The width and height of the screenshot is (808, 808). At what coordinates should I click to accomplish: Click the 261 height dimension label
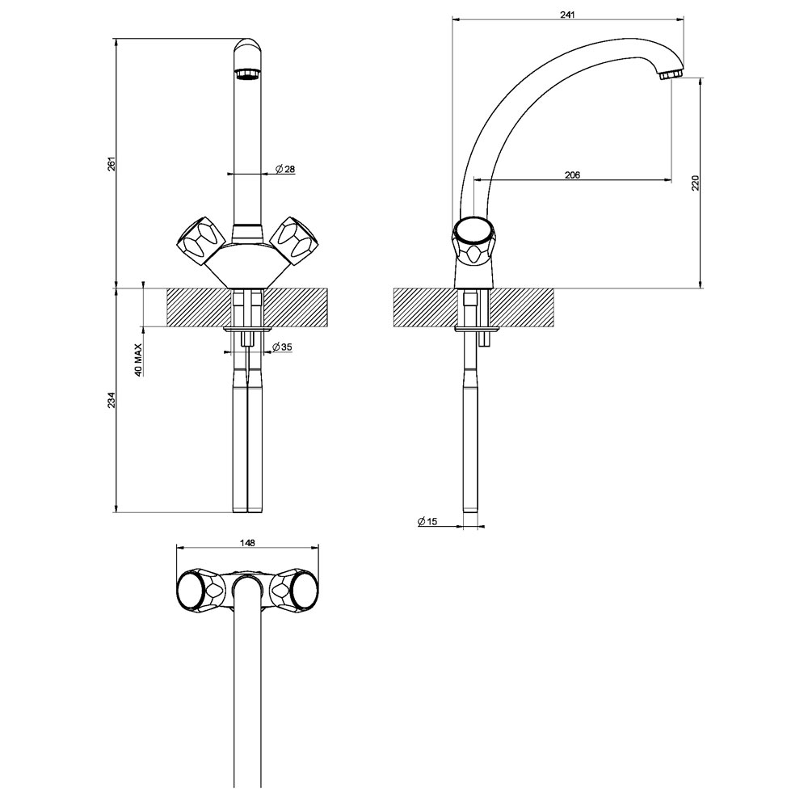coord(112,162)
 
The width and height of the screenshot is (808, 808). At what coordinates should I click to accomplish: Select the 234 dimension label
coord(112,400)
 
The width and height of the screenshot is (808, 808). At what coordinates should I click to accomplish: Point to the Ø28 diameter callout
coord(284,169)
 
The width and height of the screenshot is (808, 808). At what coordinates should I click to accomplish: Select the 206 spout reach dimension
coord(571,175)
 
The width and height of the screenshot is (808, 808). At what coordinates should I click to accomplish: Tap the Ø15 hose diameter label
coord(427,522)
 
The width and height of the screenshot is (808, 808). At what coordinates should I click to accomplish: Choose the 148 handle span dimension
coord(247,543)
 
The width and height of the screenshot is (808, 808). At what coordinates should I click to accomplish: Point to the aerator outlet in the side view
coord(671,74)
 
